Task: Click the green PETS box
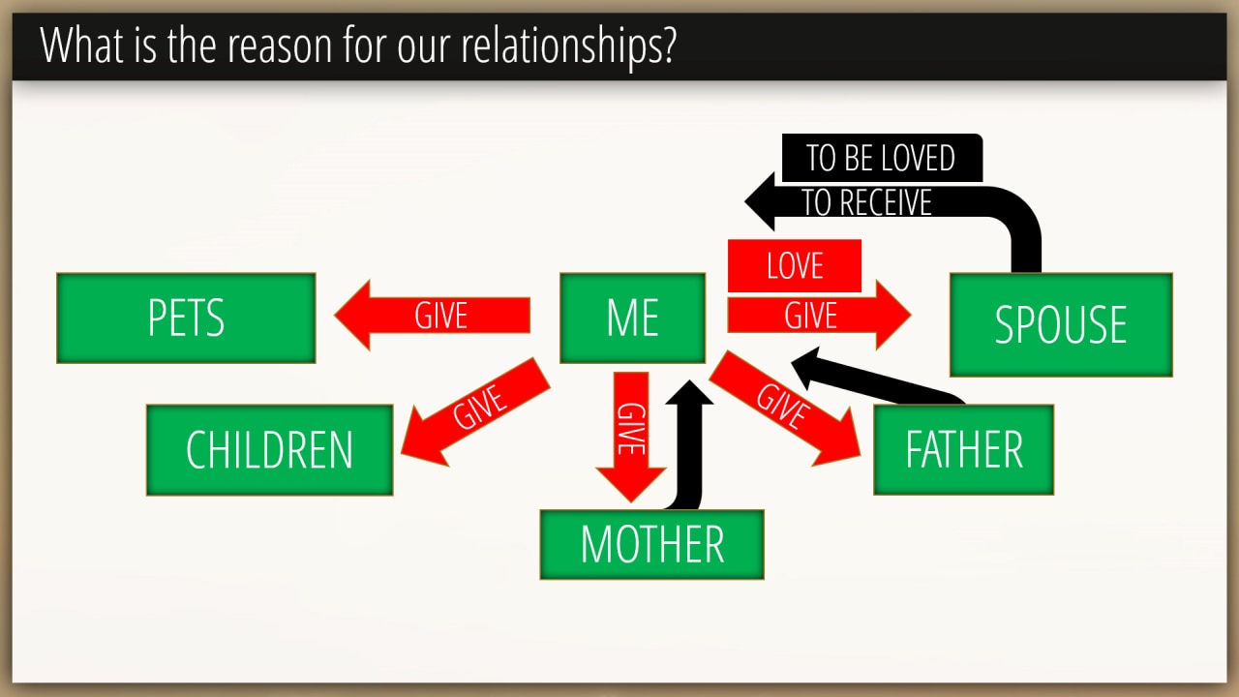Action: point(186,318)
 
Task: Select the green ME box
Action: point(632,318)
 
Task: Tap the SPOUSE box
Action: point(1061,324)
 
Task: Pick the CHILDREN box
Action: point(270,450)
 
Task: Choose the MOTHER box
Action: point(652,544)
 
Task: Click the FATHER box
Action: point(963,450)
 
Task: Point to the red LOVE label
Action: point(795,265)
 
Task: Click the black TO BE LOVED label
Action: point(882,158)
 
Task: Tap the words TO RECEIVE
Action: point(866,202)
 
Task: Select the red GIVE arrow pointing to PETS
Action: point(432,316)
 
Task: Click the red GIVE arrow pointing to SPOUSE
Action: point(819,316)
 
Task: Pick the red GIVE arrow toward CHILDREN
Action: point(475,412)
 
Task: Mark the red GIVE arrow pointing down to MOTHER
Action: point(630,437)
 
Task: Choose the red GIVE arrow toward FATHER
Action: point(785,409)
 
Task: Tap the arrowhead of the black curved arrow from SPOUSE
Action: point(760,201)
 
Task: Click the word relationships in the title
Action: point(568,45)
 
